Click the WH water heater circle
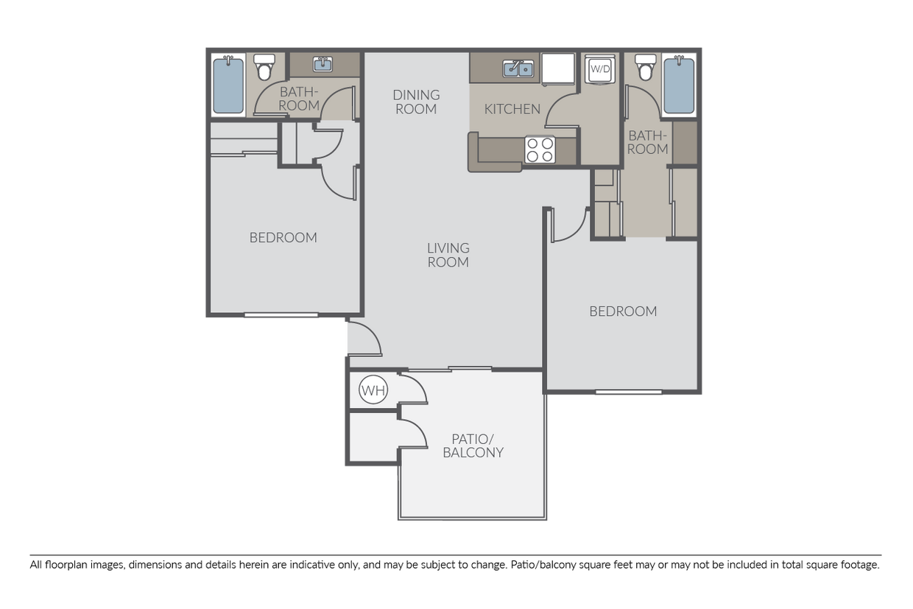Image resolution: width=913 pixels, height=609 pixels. tap(373, 390)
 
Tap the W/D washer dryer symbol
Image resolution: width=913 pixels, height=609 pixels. tap(601, 69)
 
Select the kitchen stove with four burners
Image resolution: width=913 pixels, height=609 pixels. tap(540, 149)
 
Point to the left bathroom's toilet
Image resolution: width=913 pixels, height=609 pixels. tap(264, 67)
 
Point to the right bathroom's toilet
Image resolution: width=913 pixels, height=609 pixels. tap(646, 67)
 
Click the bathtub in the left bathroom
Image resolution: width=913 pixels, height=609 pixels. tap(228, 85)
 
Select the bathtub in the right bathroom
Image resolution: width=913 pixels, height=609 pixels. tap(678, 85)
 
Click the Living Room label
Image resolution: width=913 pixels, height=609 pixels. tap(448, 255)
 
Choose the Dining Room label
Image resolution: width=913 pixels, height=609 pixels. tap(416, 102)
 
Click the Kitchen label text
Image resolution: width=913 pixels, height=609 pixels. tap(512, 109)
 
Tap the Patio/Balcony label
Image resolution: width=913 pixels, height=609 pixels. tap(473, 446)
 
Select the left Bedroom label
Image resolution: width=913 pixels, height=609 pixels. tap(283, 237)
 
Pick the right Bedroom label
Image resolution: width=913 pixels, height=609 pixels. tap(623, 311)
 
